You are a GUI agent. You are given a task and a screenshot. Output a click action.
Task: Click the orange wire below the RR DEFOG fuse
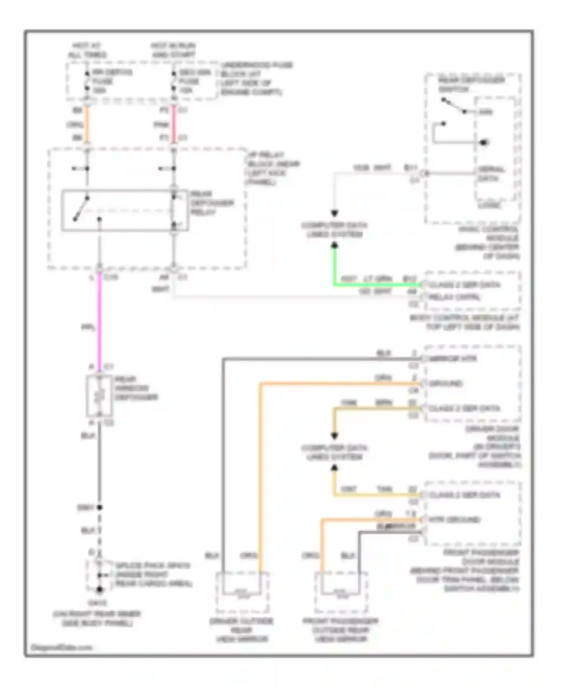[87, 124]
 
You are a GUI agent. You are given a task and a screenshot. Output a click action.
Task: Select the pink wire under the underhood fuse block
[174, 124]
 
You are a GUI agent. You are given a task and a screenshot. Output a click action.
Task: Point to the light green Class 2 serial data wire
[375, 284]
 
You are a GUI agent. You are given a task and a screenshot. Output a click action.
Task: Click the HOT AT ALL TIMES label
[87, 50]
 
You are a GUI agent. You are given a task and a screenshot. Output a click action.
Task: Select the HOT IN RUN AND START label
[173, 50]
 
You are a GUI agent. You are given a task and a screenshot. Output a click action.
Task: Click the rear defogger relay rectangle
[125, 211]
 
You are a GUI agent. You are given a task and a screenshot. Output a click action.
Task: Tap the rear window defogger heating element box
[99, 396]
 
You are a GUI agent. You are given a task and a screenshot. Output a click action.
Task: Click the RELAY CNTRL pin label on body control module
[454, 297]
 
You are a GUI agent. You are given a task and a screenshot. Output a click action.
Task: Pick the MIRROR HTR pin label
[453, 358]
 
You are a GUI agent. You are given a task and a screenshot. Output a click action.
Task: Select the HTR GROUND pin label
[454, 520]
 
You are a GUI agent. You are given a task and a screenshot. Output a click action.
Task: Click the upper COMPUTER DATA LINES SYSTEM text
[334, 230]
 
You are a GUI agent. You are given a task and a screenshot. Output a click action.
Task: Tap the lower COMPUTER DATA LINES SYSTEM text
[334, 452]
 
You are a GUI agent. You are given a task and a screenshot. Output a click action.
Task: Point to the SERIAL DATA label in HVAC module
[491, 174]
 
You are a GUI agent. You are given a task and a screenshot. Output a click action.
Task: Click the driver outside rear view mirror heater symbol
[242, 591]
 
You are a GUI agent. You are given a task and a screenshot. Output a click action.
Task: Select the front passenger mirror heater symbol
[340, 591]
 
